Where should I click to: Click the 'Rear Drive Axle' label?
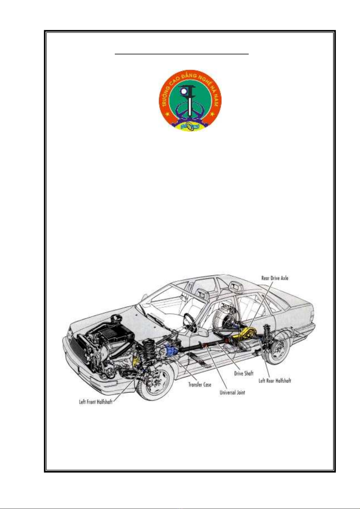click(x=275, y=278)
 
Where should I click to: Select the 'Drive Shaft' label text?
click(x=244, y=373)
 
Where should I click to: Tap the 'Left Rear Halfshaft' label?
click(x=275, y=381)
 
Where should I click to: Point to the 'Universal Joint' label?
click(x=232, y=392)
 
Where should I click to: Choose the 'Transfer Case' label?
click(x=200, y=385)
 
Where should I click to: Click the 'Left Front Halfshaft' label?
click(x=96, y=402)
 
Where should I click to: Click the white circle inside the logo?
click(x=183, y=92)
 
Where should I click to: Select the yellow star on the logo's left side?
click(x=168, y=113)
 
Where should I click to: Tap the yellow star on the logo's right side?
click(x=212, y=113)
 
